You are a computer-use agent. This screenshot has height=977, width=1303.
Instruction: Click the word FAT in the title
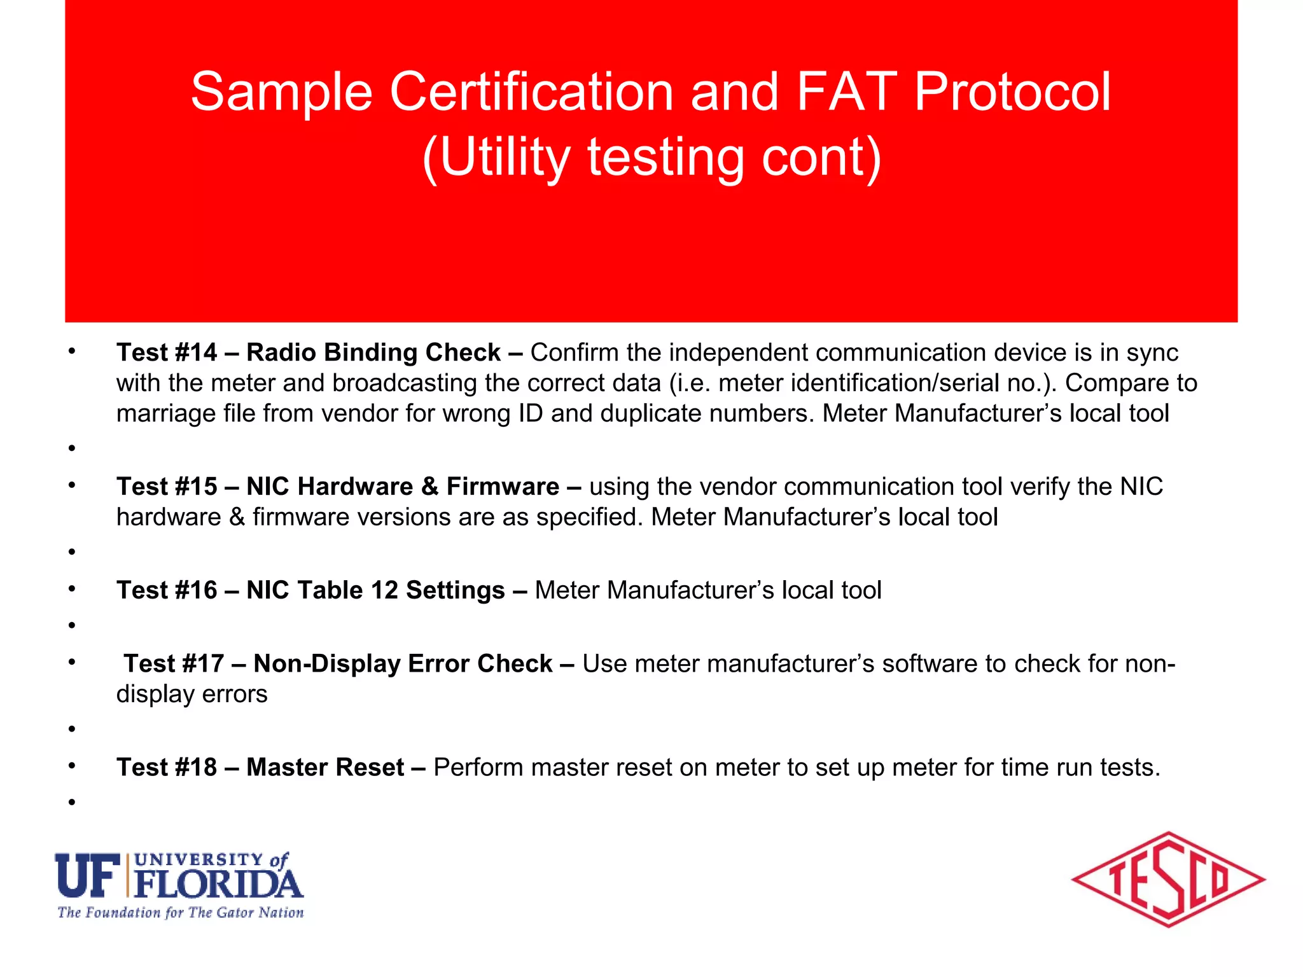point(846,92)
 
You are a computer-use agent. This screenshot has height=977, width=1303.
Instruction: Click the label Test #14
point(167,352)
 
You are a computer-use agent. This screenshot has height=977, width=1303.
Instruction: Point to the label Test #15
point(167,487)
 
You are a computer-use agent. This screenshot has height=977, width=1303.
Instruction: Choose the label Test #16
point(167,590)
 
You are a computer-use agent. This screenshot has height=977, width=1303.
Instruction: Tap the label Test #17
point(174,663)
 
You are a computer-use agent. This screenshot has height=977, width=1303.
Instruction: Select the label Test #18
point(167,767)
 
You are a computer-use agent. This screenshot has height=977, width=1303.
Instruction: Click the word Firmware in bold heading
point(503,487)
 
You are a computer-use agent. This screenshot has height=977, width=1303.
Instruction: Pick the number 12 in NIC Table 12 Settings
point(384,590)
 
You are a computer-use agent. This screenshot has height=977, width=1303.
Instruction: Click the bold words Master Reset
point(325,767)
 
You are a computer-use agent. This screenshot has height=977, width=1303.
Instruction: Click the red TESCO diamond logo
point(1168,880)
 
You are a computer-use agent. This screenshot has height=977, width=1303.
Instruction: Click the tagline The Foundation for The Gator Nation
point(181,913)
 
